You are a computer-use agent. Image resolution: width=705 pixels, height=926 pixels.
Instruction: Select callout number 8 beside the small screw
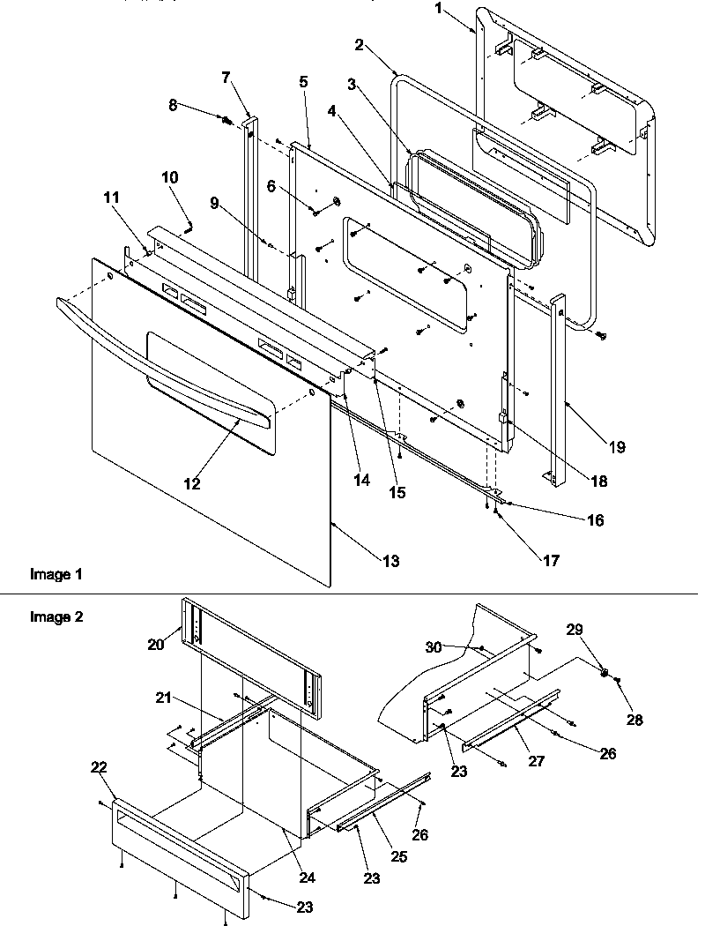point(173,104)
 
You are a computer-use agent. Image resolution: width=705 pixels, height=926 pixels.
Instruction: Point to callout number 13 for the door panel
point(389,561)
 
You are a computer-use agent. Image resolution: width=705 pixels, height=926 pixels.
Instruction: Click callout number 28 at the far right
point(634,720)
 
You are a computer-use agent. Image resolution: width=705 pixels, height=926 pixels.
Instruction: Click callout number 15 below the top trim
point(397,493)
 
